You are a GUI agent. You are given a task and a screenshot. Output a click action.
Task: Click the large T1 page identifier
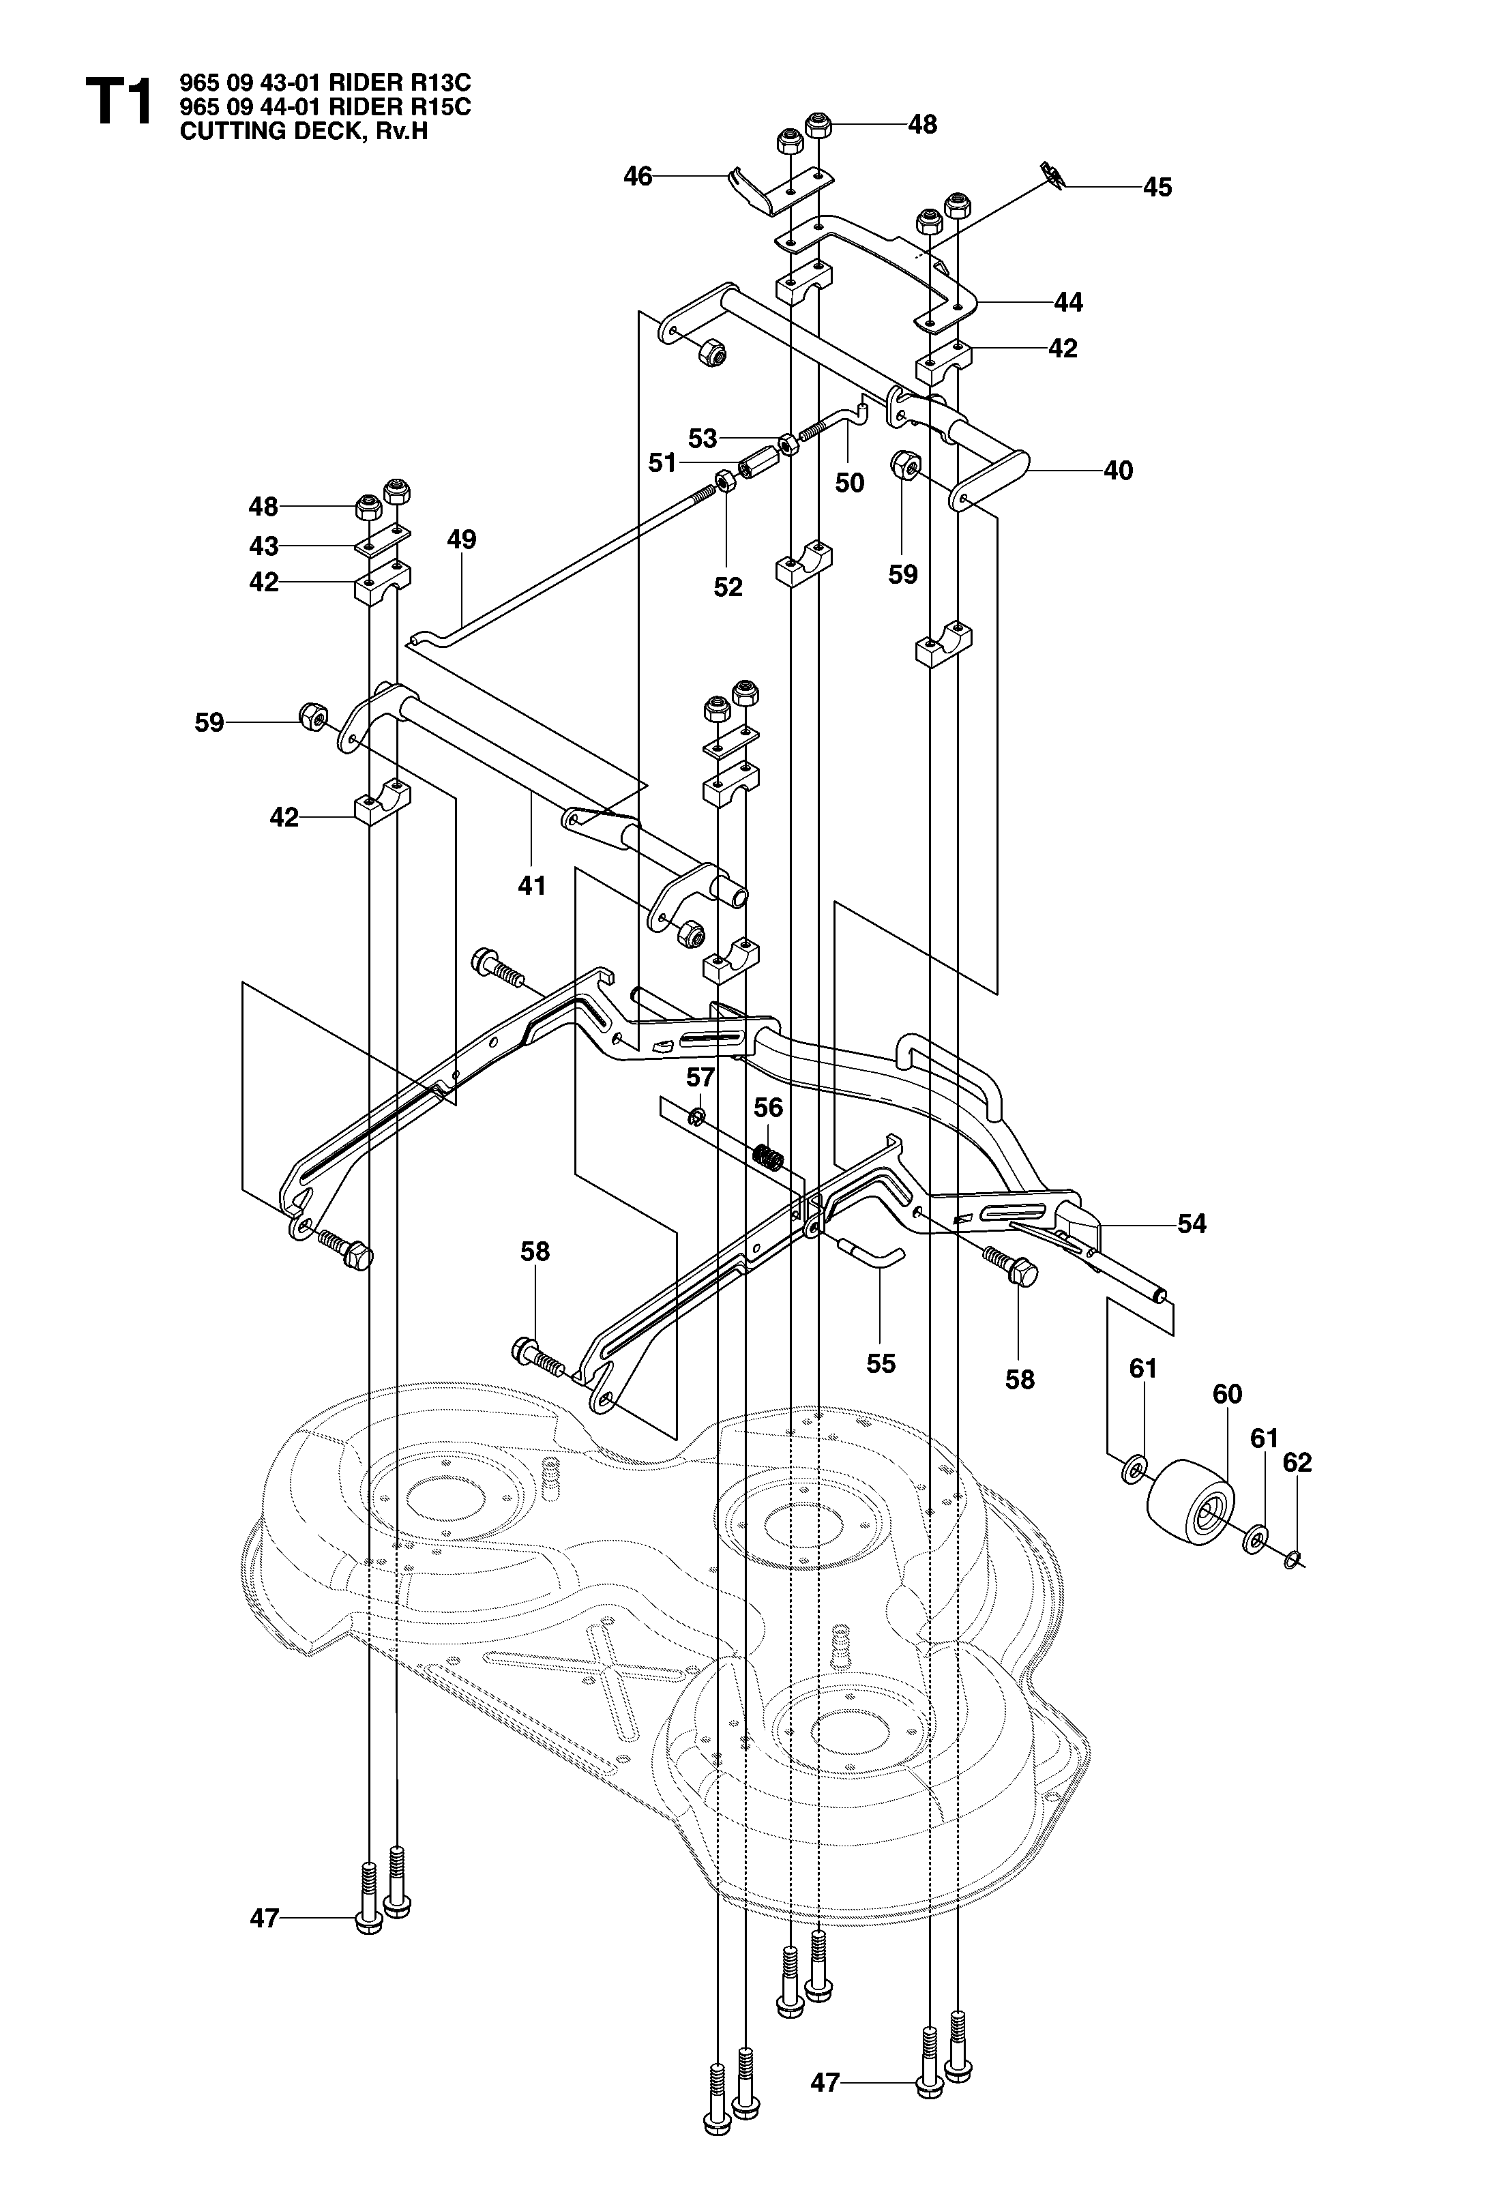pyautogui.click(x=119, y=103)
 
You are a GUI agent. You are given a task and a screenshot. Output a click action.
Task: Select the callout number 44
pyautogui.click(x=1068, y=302)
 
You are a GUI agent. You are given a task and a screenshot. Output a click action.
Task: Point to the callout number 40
pyautogui.click(x=1117, y=470)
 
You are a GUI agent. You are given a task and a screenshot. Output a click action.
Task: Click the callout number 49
pyautogui.click(x=462, y=539)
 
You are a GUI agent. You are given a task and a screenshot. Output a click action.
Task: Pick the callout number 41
pyautogui.click(x=532, y=885)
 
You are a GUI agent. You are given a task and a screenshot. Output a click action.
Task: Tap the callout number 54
pyautogui.click(x=1192, y=1224)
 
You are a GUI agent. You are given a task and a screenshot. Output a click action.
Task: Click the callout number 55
pyautogui.click(x=881, y=1363)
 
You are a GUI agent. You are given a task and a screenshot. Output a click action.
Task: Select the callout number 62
pyautogui.click(x=1297, y=1463)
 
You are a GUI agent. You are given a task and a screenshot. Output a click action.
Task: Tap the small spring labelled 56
pyautogui.click(x=769, y=1157)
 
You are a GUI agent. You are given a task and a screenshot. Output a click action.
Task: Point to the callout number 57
pyautogui.click(x=701, y=1077)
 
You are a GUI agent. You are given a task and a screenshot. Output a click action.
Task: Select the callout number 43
pyautogui.click(x=263, y=546)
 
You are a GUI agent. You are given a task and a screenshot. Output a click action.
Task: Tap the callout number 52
pyautogui.click(x=728, y=587)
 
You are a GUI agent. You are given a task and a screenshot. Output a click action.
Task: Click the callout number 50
pyautogui.click(x=849, y=483)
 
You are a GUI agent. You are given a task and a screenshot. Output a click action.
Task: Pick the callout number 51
pyautogui.click(x=662, y=462)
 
